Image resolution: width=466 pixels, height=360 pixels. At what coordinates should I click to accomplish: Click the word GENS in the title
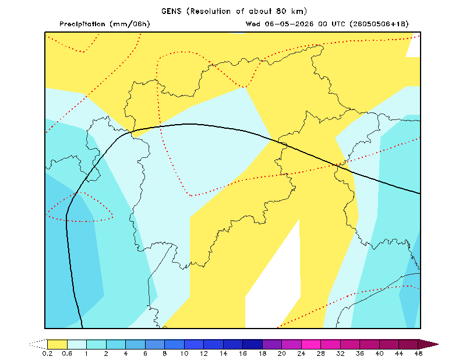point(171,11)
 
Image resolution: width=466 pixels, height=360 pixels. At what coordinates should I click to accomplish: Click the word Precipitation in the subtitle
point(82,24)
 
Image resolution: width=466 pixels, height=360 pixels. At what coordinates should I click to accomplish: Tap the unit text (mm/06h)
point(130,24)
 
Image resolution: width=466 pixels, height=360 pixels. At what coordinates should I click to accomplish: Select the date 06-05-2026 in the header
point(289,24)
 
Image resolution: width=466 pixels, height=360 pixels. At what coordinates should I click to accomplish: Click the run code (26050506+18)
point(379,24)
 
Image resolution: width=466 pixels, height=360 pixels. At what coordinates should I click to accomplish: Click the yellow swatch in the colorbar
point(57,344)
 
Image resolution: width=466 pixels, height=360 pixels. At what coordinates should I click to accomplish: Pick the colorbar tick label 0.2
point(47,354)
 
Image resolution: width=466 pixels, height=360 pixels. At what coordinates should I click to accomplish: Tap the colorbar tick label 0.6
point(67,354)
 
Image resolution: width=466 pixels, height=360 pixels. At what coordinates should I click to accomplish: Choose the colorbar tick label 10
point(184,354)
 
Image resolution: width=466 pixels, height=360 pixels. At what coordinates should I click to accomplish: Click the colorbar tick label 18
point(262,354)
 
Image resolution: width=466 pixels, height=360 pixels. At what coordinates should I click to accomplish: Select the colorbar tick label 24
point(301,354)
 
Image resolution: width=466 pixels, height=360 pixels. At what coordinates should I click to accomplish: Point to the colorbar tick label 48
point(418,354)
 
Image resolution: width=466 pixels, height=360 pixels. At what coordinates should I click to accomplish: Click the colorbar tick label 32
point(340,354)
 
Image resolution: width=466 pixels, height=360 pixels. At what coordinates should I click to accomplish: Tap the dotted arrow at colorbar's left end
point(38,344)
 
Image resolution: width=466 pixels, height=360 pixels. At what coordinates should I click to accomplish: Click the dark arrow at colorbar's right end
point(428,344)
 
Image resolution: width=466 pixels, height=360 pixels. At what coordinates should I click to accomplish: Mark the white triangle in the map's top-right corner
point(414,48)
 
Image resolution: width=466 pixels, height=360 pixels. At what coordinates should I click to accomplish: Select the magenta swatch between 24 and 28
point(311,344)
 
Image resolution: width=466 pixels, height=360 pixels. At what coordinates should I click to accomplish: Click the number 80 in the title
point(281,11)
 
